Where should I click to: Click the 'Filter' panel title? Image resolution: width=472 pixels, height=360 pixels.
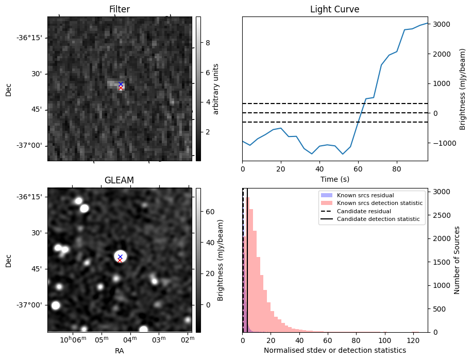pos(120,9)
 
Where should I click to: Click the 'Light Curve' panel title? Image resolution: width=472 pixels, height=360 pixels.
pos(334,9)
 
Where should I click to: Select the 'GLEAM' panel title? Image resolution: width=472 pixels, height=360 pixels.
pos(120,180)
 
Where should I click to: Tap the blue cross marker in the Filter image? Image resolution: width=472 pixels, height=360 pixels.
pos(121,84)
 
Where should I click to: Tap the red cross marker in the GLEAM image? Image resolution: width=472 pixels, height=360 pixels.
pos(120,260)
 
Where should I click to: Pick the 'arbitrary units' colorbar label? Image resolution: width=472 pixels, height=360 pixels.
pos(216,89)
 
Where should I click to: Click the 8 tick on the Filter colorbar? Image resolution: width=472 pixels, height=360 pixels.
pos(207,43)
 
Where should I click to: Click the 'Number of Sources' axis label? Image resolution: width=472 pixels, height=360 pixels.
pos(457,260)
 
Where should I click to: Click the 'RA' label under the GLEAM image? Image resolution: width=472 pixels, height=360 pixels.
pos(120,351)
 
